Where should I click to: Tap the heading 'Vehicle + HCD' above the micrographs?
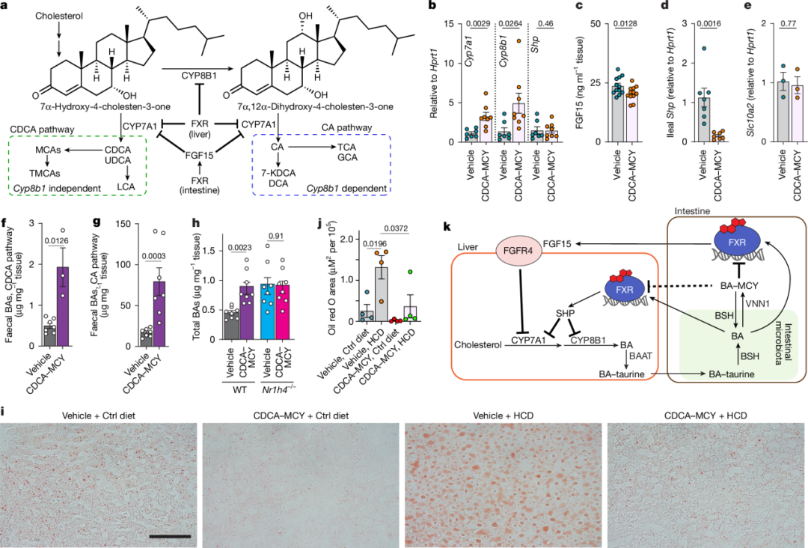[x=504, y=414]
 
